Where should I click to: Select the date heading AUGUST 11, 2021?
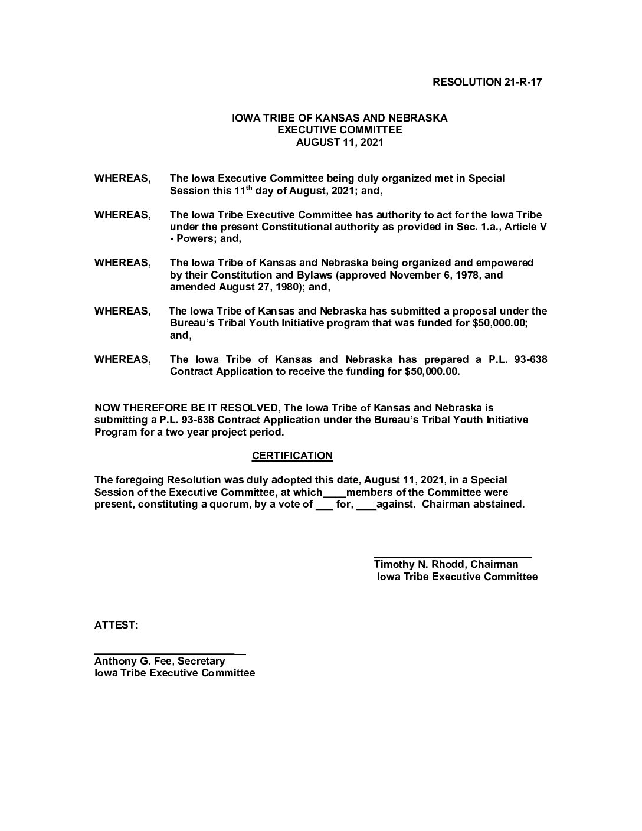(x=339, y=142)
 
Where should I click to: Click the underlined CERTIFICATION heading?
(x=292, y=456)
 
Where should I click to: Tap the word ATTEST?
(x=116, y=625)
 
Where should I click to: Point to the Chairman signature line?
(x=453, y=556)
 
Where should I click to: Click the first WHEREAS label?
(x=122, y=178)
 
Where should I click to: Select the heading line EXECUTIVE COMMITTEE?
(x=339, y=130)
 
